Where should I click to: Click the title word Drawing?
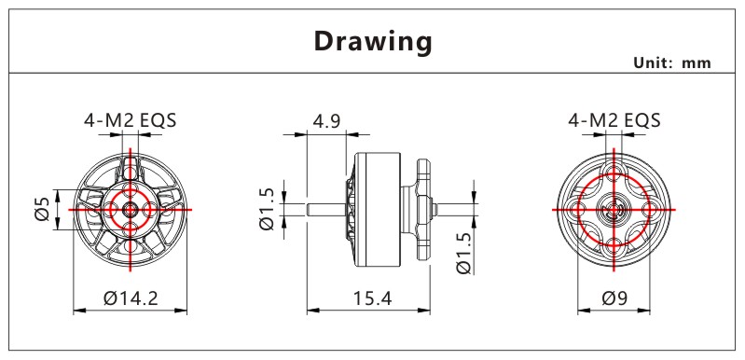(x=373, y=42)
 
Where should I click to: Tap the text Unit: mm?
(x=672, y=63)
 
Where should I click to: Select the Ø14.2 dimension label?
(x=131, y=298)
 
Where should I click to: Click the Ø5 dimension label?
(x=42, y=209)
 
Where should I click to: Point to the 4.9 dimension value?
(x=327, y=121)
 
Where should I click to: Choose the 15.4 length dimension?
(x=373, y=298)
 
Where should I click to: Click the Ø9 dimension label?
(x=614, y=298)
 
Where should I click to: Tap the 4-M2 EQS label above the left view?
(x=131, y=120)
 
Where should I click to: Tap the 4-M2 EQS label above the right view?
(x=614, y=120)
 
